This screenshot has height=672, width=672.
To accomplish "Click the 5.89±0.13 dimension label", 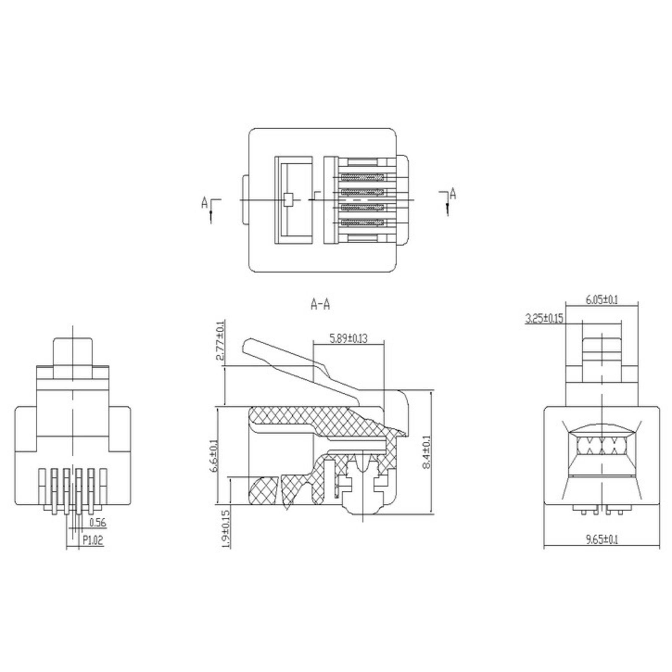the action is (348, 338).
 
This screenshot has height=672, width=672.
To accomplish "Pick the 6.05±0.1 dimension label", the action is (602, 300).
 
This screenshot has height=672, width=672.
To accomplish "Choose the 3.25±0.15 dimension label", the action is (544, 318).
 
